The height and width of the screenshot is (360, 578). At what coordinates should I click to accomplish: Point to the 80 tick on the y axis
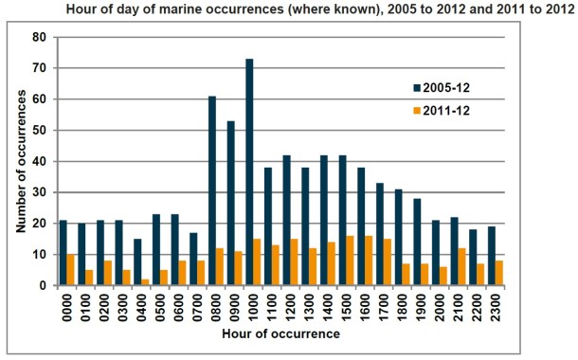[40, 37]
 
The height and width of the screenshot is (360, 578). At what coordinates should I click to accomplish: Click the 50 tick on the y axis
[40, 130]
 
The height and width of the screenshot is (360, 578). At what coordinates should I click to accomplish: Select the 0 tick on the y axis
[44, 285]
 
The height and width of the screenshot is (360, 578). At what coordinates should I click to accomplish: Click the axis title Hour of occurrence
[280, 335]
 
